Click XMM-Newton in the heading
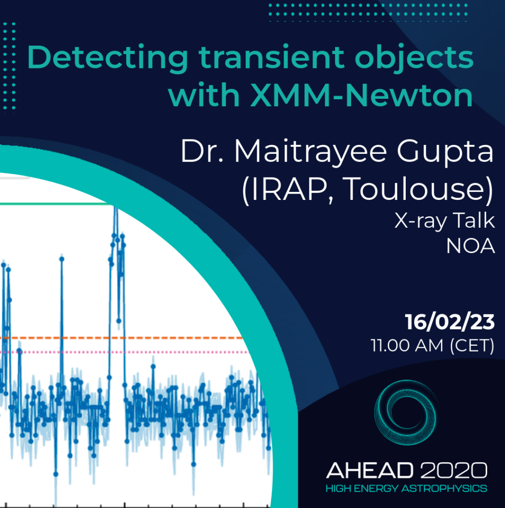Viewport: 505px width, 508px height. pyautogui.click(x=361, y=95)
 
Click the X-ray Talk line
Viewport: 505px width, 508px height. pyautogui.click(x=445, y=221)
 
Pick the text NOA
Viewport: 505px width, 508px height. pyautogui.click(x=471, y=247)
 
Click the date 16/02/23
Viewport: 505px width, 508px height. pyautogui.click(x=450, y=322)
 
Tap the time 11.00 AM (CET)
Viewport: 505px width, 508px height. pyautogui.click(x=433, y=346)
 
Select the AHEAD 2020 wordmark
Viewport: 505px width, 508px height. pyautogui.click(x=407, y=470)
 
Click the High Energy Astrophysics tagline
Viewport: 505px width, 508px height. pyautogui.click(x=406, y=489)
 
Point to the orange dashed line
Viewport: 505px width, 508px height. pyautogui.click(x=122, y=338)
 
